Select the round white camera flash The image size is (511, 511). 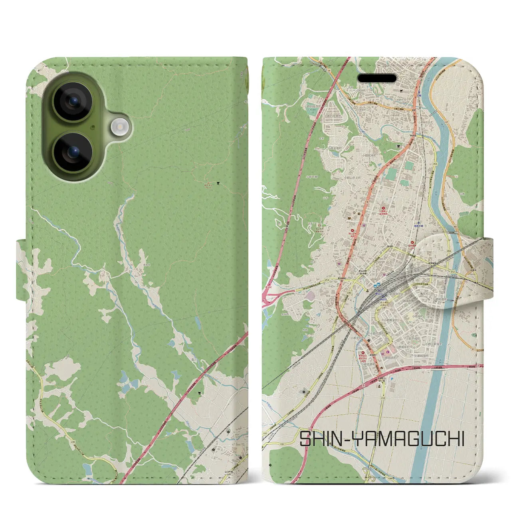pyautogui.click(x=119, y=127)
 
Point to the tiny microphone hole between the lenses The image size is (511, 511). pyautogui.click(x=93, y=127)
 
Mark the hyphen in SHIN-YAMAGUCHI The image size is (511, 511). pyautogui.click(x=336, y=439)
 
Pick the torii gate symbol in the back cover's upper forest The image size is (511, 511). pyautogui.click(x=218, y=184)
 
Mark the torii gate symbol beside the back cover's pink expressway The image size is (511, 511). pyautogui.click(x=200, y=393)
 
